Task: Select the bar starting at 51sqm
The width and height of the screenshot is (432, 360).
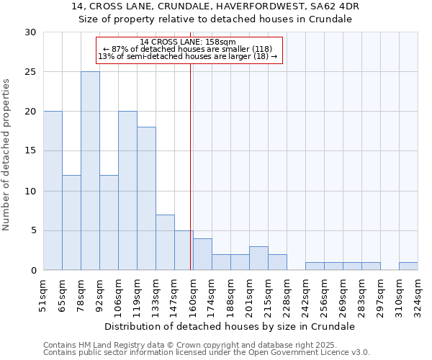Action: (x=53, y=191)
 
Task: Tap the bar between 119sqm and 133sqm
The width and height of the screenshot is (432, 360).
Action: (x=146, y=199)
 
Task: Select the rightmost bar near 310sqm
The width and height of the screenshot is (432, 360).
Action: (x=408, y=266)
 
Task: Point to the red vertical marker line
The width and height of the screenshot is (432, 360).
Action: (x=190, y=158)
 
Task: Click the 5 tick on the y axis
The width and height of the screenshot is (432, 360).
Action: (x=33, y=231)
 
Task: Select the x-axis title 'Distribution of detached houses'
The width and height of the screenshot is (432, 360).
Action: (x=230, y=326)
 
